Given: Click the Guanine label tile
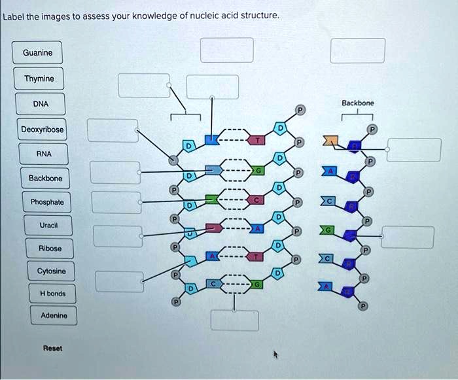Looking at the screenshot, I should click(x=38, y=53).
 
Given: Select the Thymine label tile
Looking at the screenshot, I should click(x=39, y=79).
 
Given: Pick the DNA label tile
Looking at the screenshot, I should click(x=40, y=104).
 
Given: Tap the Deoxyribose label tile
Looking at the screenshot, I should click(x=43, y=130).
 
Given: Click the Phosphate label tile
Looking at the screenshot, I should click(x=47, y=202).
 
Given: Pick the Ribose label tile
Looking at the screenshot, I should click(x=50, y=249).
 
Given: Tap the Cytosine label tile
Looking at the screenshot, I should click(x=51, y=271).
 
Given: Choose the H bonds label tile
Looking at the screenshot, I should click(x=52, y=294).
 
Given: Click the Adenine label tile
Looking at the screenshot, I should click(x=54, y=317).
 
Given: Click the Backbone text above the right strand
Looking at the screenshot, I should click(x=357, y=103).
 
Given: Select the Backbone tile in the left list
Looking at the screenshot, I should click(x=45, y=179).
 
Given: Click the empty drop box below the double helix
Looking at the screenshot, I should click(x=234, y=320).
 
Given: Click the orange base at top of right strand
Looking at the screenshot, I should click(x=332, y=141).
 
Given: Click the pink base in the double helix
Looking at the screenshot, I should click(x=213, y=228).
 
